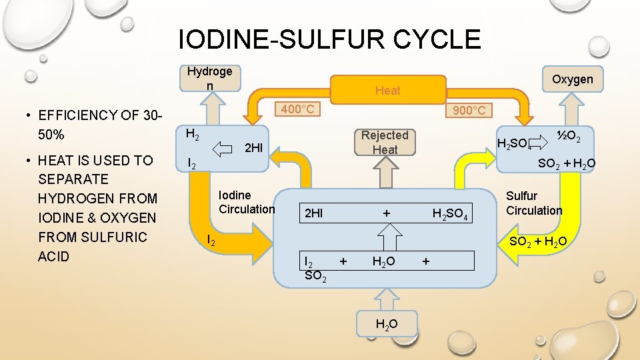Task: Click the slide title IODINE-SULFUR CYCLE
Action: tap(329, 39)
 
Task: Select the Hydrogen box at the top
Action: tap(209, 79)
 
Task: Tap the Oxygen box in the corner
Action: tap(572, 79)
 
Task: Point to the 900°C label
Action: tap(469, 110)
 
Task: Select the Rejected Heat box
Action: tap(385, 143)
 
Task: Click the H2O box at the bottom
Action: tap(387, 325)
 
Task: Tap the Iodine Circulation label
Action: tap(247, 202)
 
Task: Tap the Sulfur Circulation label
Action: tap(533, 203)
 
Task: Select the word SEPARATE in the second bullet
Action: tap(73, 179)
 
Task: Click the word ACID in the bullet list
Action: tap(54, 257)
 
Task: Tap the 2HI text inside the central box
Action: tap(313, 214)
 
